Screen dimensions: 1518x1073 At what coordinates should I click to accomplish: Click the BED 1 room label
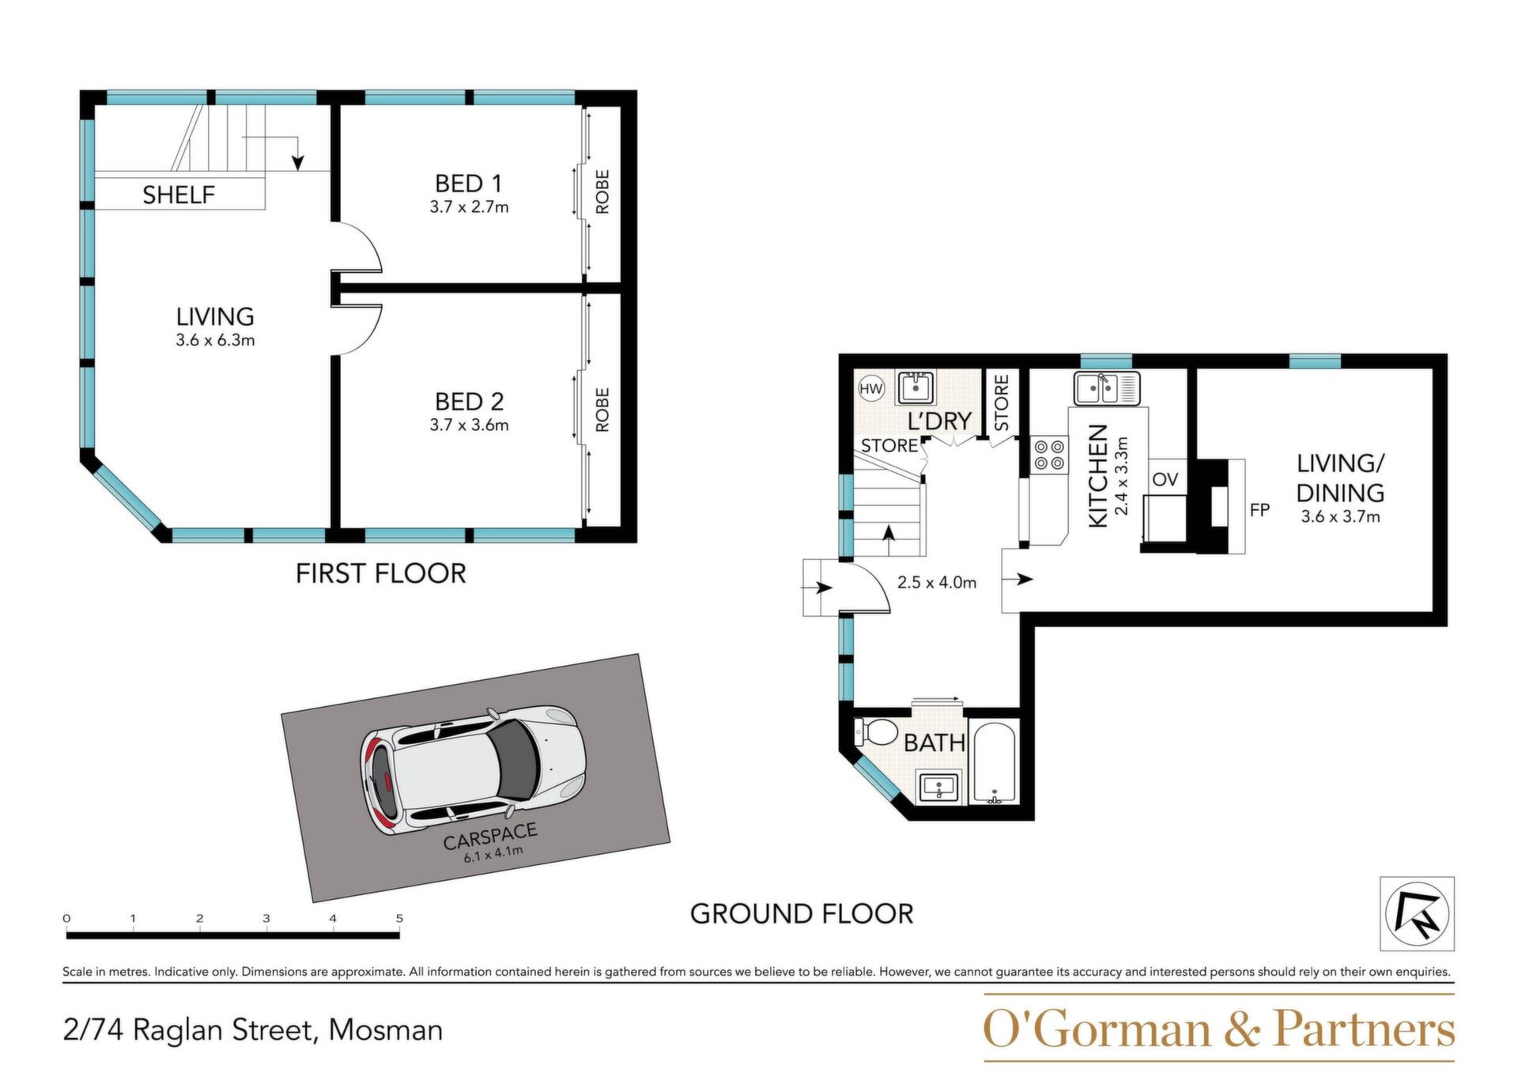pos(469,183)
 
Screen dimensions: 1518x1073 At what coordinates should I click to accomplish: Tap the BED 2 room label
pos(469,402)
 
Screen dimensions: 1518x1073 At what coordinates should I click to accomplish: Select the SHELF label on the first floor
pos(179,195)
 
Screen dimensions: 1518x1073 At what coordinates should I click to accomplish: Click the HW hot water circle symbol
pos(870,388)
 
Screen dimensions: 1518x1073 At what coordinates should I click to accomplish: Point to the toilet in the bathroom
pos(874,732)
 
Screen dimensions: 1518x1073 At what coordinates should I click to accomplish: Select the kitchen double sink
pos(1106,387)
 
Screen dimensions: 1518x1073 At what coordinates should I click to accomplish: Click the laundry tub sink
pos(916,387)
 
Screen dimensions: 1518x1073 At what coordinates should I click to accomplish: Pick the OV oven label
pos(1165,479)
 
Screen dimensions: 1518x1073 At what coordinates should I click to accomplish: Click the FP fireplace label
pos(1259,510)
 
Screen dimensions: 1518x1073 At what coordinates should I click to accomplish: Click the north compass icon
pos(1418,913)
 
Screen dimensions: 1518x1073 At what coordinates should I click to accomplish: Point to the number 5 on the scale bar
pos(399,918)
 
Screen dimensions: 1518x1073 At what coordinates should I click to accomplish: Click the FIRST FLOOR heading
pos(381,573)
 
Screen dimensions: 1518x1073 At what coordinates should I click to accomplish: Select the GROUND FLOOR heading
pos(802,914)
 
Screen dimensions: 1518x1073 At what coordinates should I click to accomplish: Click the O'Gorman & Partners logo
pos(1219,1029)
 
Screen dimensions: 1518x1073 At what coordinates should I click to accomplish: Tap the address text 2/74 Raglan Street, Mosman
pos(253,1030)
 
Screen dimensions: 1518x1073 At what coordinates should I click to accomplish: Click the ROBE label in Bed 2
pos(602,410)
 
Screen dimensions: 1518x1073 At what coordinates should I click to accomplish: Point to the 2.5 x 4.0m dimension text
pos(937,583)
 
